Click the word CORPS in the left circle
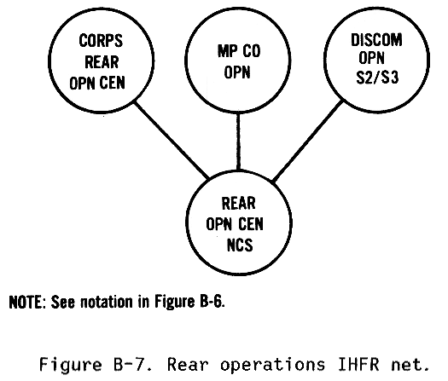pyautogui.click(x=101, y=41)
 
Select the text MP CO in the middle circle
pyautogui.click(x=239, y=51)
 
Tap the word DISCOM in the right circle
pyautogui.click(x=376, y=40)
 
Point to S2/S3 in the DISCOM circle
pyautogui.click(x=377, y=77)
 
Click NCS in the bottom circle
pyautogui.click(x=240, y=245)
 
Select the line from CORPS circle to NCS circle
pyautogui.click(x=172, y=139)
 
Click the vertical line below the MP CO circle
pyautogui.click(x=238, y=141)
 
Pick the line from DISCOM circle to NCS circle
pyautogui.click(x=308, y=141)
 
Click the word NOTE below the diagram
pyautogui.click(x=26, y=302)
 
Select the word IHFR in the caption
pyautogui.click(x=359, y=365)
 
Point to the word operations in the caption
pyautogui.click(x=273, y=365)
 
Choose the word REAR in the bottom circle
pyautogui.click(x=239, y=203)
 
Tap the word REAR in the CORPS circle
pyautogui.click(x=102, y=62)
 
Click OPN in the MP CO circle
pyautogui.click(x=237, y=72)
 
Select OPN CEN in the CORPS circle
pyautogui.click(x=97, y=83)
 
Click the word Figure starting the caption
pyautogui.click(x=71, y=365)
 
